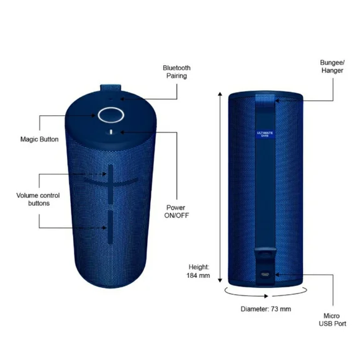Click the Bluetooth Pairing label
[x=176, y=72]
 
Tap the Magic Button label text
[x=39, y=140]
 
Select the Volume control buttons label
[x=38, y=199]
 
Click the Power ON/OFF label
[x=176, y=212]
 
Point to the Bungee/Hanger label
[x=332, y=66]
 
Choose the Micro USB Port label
[x=332, y=320]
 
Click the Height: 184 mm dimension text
[x=198, y=271]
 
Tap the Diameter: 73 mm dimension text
[x=266, y=309]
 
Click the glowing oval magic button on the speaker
[x=111, y=115]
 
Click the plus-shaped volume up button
[x=111, y=183]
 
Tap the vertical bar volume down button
[x=110, y=227]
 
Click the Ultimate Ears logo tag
[x=265, y=134]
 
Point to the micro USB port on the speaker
[x=265, y=274]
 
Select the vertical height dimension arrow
[x=220, y=187]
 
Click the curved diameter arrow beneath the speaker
[x=266, y=294]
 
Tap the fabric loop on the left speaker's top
[x=111, y=88]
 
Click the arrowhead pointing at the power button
[x=122, y=132]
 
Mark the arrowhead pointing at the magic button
[x=93, y=115]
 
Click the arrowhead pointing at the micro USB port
[x=277, y=275]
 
